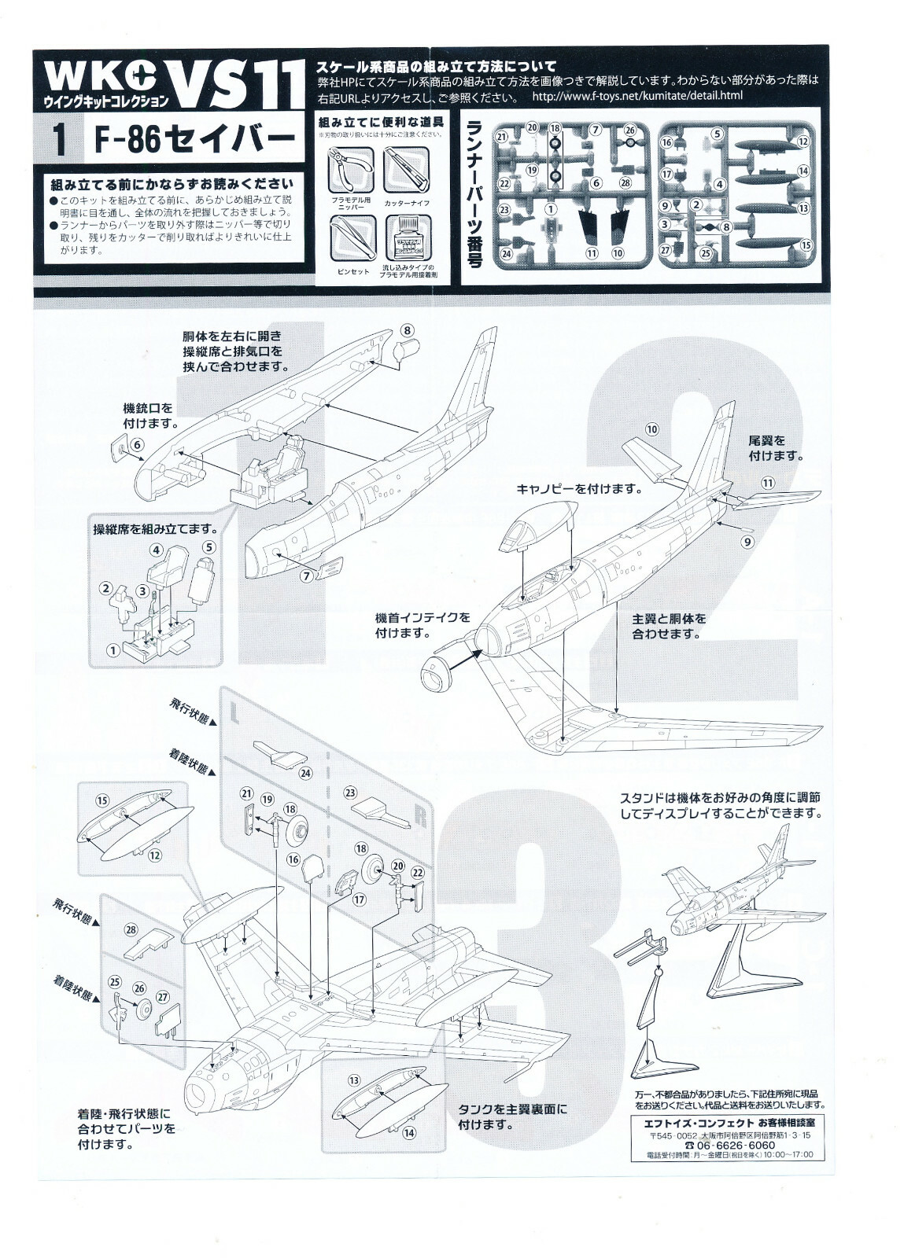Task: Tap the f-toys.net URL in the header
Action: [x=637, y=96]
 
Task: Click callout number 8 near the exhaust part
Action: [x=407, y=330]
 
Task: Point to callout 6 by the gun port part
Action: [x=137, y=444]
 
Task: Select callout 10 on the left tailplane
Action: [x=651, y=429]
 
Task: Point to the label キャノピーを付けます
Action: [x=578, y=488]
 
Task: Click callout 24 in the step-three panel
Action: [x=304, y=773]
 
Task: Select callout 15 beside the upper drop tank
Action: [x=101, y=800]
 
